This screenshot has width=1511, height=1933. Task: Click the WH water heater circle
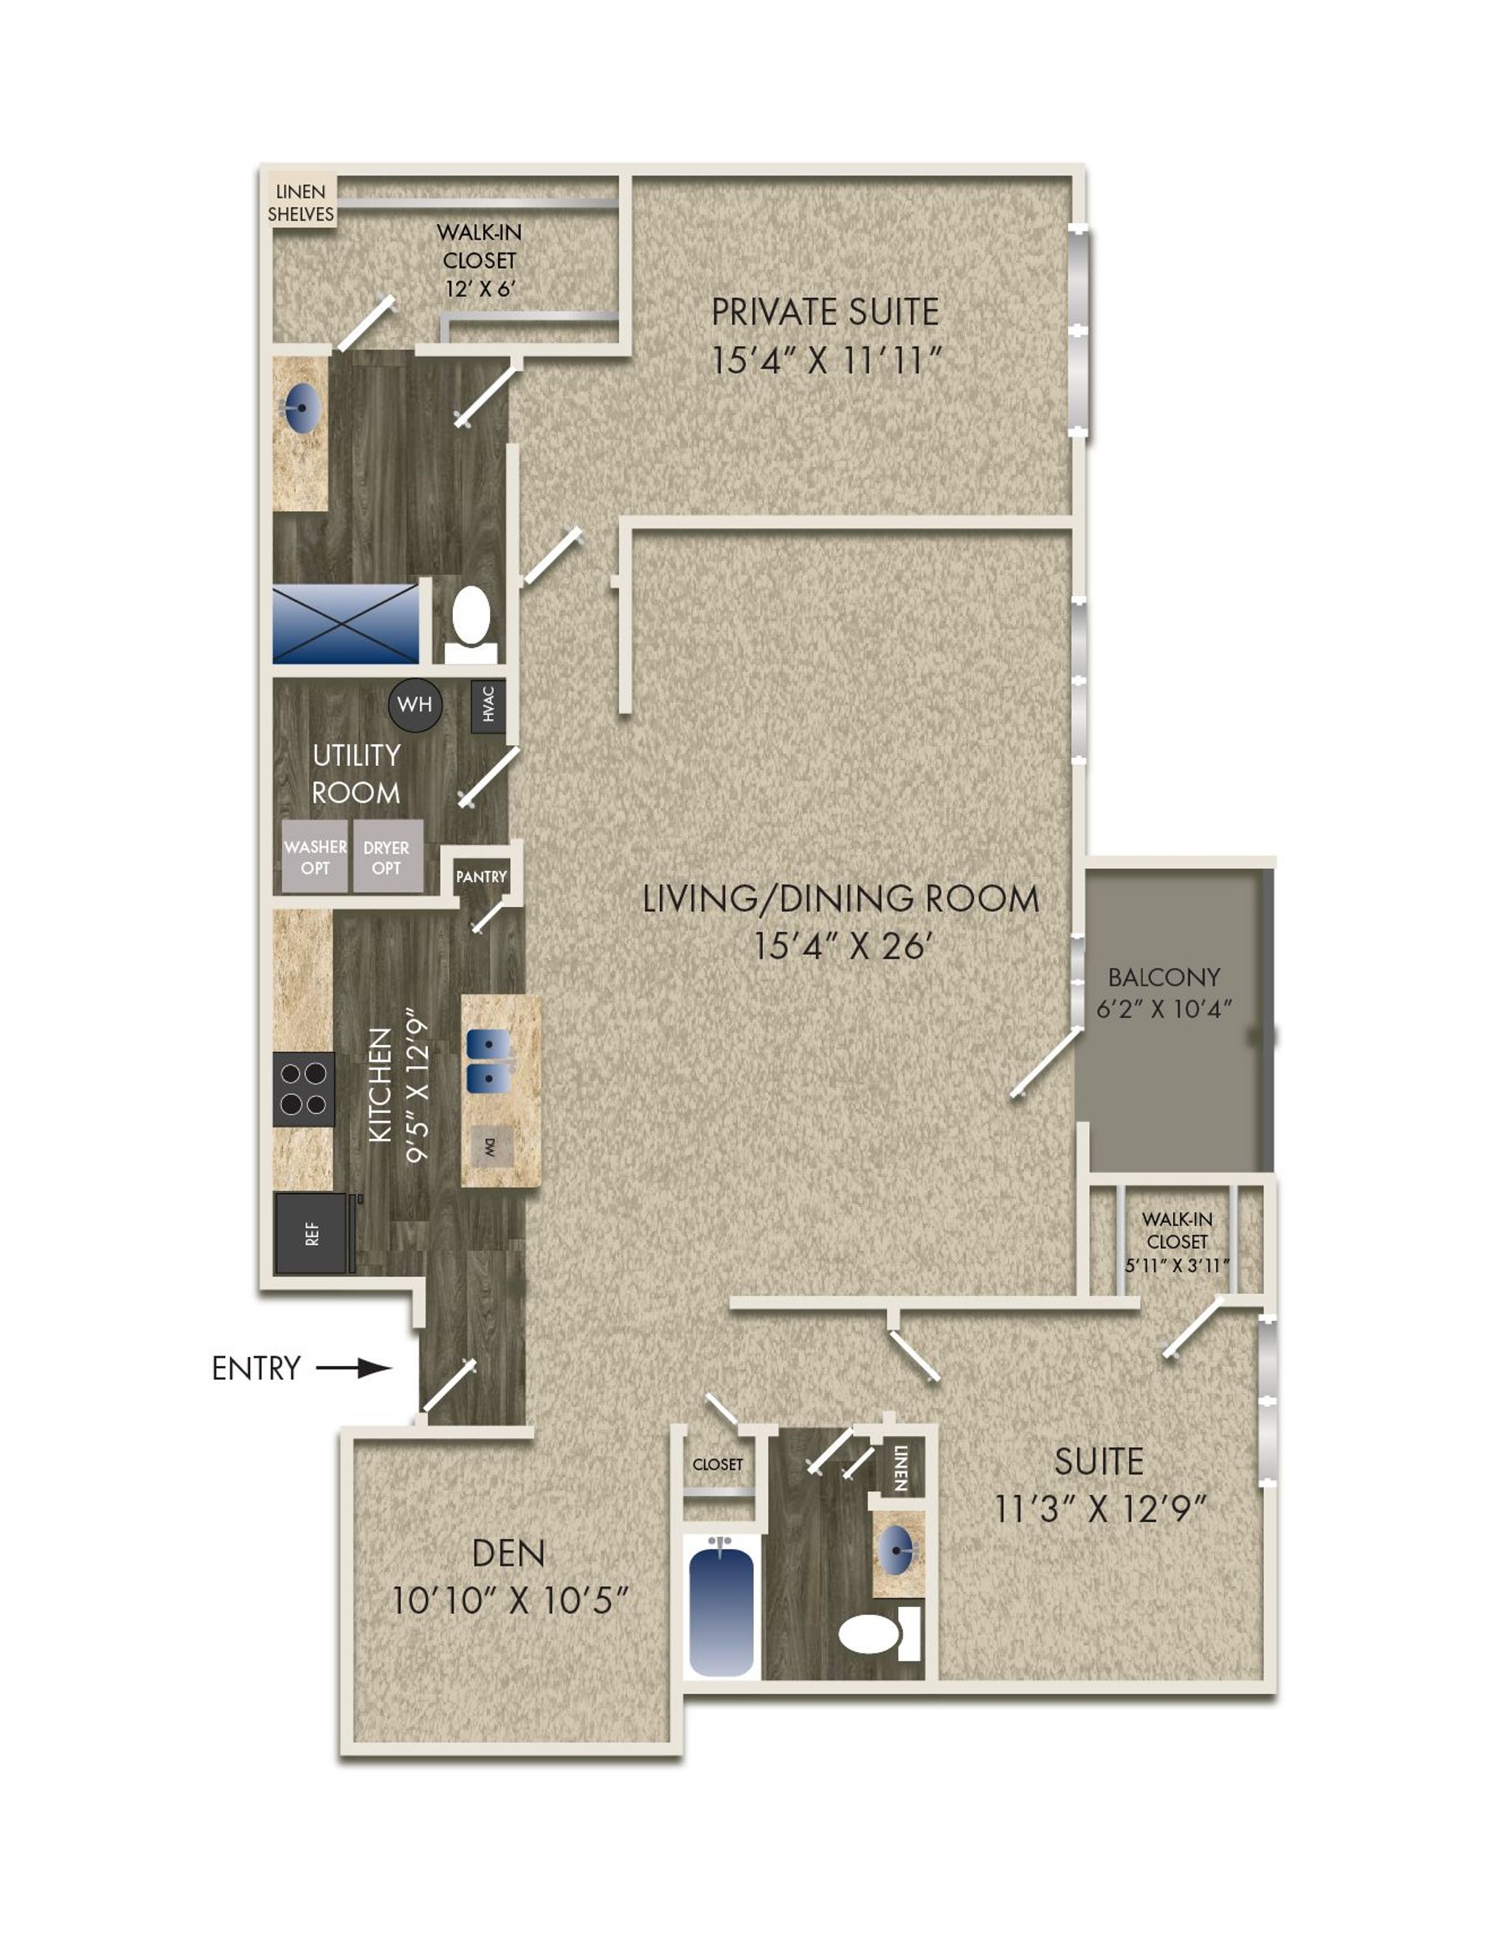(x=415, y=704)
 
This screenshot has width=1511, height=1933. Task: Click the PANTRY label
(x=482, y=876)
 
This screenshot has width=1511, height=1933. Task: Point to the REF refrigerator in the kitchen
(x=313, y=1234)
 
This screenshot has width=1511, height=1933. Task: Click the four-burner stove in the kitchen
(x=304, y=1089)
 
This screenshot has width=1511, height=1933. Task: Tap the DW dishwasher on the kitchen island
(x=489, y=1150)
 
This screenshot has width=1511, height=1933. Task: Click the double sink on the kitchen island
(x=488, y=1061)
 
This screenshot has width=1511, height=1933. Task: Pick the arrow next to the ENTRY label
(x=354, y=1368)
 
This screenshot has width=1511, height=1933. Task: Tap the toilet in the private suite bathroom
(x=470, y=624)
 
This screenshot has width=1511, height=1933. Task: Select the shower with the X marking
(x=345, y=623)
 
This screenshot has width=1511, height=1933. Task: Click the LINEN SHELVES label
(x=301, y=203)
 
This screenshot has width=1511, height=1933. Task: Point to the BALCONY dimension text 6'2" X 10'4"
(x=1164, y=1008)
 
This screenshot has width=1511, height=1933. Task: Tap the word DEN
(x=509, y=1553)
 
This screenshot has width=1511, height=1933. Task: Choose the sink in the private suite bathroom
(x=301, y=410)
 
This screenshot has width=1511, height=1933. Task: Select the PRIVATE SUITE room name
(x=825, y=311)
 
